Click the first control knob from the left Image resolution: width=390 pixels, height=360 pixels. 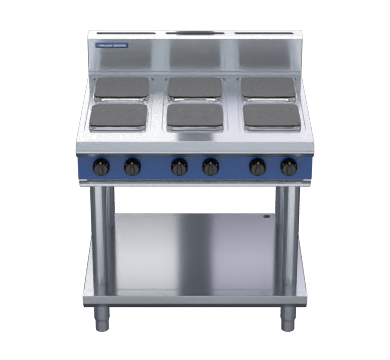[x=101, y=167]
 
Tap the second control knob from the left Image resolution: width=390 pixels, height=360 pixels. [x=132, y=167]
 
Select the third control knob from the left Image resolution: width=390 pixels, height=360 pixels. [x=179, y=167]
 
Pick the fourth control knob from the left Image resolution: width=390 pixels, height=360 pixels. [x=210, y=167]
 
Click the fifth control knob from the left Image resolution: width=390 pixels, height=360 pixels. [x=258, y=167]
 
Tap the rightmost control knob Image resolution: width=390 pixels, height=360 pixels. [x=289, y=167]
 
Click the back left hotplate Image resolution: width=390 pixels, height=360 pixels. [x=122, y=88]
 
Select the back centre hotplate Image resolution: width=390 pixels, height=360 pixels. [x=195, y=88]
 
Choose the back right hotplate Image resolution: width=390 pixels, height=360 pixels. [x=268, y=88]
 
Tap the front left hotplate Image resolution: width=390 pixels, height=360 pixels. [x=118, y=117]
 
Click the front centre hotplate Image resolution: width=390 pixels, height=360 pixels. [x=195, y=117]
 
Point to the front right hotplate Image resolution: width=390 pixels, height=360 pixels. [x=272, y=117]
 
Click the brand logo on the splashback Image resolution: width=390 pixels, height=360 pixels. [x=112, y=45]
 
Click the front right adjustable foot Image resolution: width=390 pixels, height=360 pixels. [x=287, y=319]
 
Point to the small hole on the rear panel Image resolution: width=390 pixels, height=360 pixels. [x=268, y=216]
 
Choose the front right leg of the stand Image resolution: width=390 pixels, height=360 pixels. [x=287, y=240]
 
